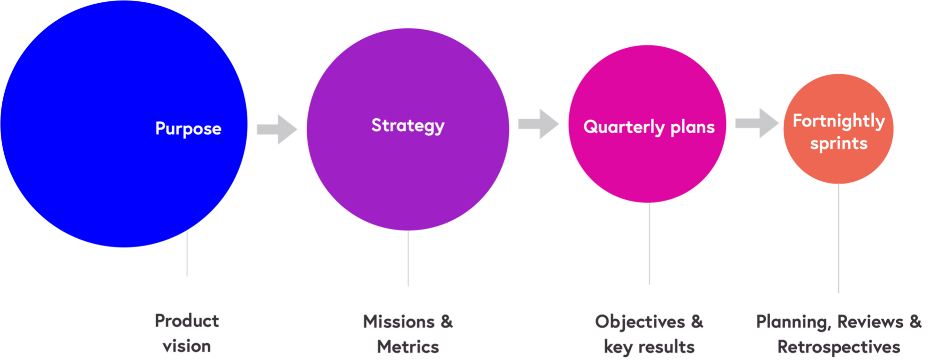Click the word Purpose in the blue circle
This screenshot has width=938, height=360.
(x=188, y=128)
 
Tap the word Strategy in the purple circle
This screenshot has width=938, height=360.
(x=408, y=126)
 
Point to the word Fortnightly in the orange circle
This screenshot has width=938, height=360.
(x=839, y=121)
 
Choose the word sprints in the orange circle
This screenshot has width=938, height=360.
(x=839, y=143)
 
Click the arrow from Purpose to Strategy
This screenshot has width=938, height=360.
(x=277, y=129)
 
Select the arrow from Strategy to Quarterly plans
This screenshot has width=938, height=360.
(x=538, y=124)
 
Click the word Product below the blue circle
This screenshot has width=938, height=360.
(x=187, y=321)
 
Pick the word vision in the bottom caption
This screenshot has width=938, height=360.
(x=187, y=346)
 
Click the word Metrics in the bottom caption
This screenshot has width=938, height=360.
(x=408, y=347)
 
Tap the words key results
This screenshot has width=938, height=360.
(x=649, y=347)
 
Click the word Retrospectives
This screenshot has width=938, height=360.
(x=839, y=347)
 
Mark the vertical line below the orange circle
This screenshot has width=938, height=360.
(x=839, y=239)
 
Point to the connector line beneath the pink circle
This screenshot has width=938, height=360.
(x=649, y=244)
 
